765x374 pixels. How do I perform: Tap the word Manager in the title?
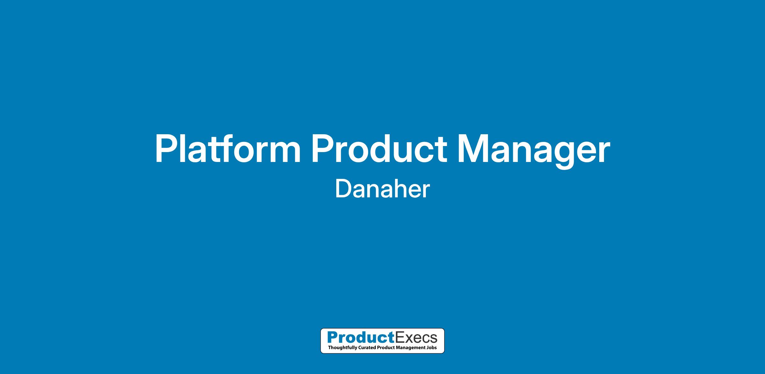click(x=534, y=151)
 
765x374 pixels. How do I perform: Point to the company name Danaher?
click(x=382, y=189)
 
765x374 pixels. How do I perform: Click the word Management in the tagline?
click(x=411, y=348)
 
